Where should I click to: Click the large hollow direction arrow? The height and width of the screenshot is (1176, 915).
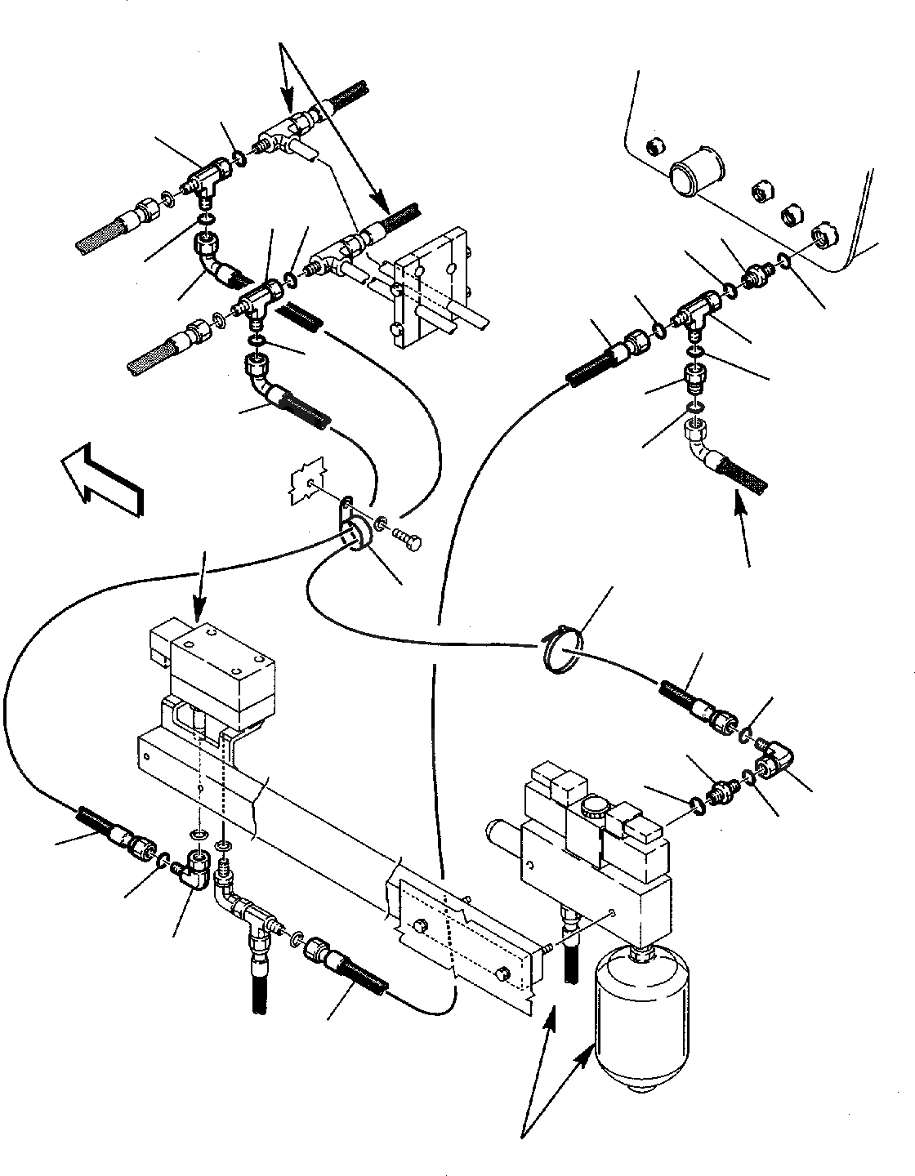click(103, 479)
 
